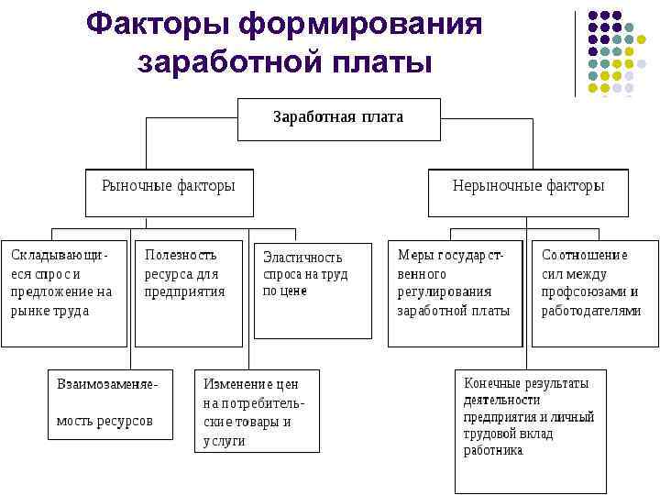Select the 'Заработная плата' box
[338, 118]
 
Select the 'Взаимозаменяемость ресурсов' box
[109, 403]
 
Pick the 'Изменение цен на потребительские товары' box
[257, 411]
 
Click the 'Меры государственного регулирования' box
[454, 292]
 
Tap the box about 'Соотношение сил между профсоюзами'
[595, 292]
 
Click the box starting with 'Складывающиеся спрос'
[63, 292]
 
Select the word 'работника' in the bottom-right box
[493, 451]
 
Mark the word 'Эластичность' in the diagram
[302, 258]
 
